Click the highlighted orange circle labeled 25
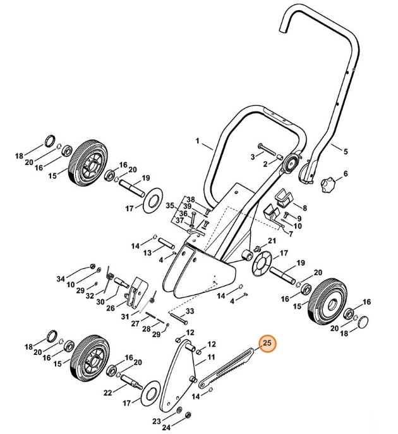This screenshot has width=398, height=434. [x=267, y=344]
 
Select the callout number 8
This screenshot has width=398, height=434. [x=304, y=207]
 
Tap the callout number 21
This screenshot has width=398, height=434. [x=272, y=241]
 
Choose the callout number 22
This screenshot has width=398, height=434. [x=108, y=393]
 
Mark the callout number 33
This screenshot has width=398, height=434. [x=190, y=311]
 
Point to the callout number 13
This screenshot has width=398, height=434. [x=147, y=252]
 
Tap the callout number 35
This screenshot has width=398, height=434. [x=169, y=206]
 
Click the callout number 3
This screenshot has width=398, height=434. [x=252, y=156]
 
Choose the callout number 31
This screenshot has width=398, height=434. [x=125, y=316]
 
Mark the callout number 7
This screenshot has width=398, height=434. [x=291, y=233]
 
